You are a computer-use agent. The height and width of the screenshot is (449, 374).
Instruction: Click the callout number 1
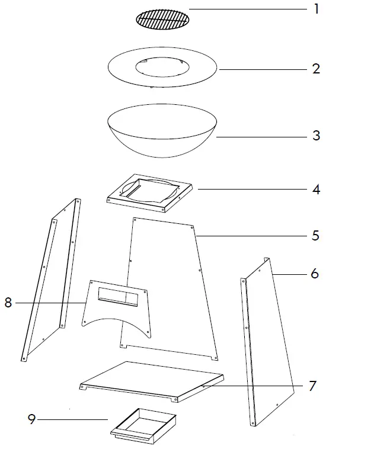tap(317, 9)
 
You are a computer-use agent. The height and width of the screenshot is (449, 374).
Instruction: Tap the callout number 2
tap(317, 69)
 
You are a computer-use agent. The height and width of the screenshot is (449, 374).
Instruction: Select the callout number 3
tap(317, 136)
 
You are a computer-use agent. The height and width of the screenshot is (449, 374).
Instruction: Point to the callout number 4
tap(317, 190)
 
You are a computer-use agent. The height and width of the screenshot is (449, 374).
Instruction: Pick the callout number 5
tap(316, 235)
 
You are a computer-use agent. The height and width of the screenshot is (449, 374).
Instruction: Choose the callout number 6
tap(315, 274)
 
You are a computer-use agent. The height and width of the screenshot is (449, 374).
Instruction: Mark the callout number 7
tap(312, 386)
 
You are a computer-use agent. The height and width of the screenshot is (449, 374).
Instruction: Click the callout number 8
tap(8, 303)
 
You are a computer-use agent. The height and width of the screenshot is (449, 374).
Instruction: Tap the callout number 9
tap(32, 420)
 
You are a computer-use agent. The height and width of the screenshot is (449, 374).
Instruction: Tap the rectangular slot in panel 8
tap(116, 294)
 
